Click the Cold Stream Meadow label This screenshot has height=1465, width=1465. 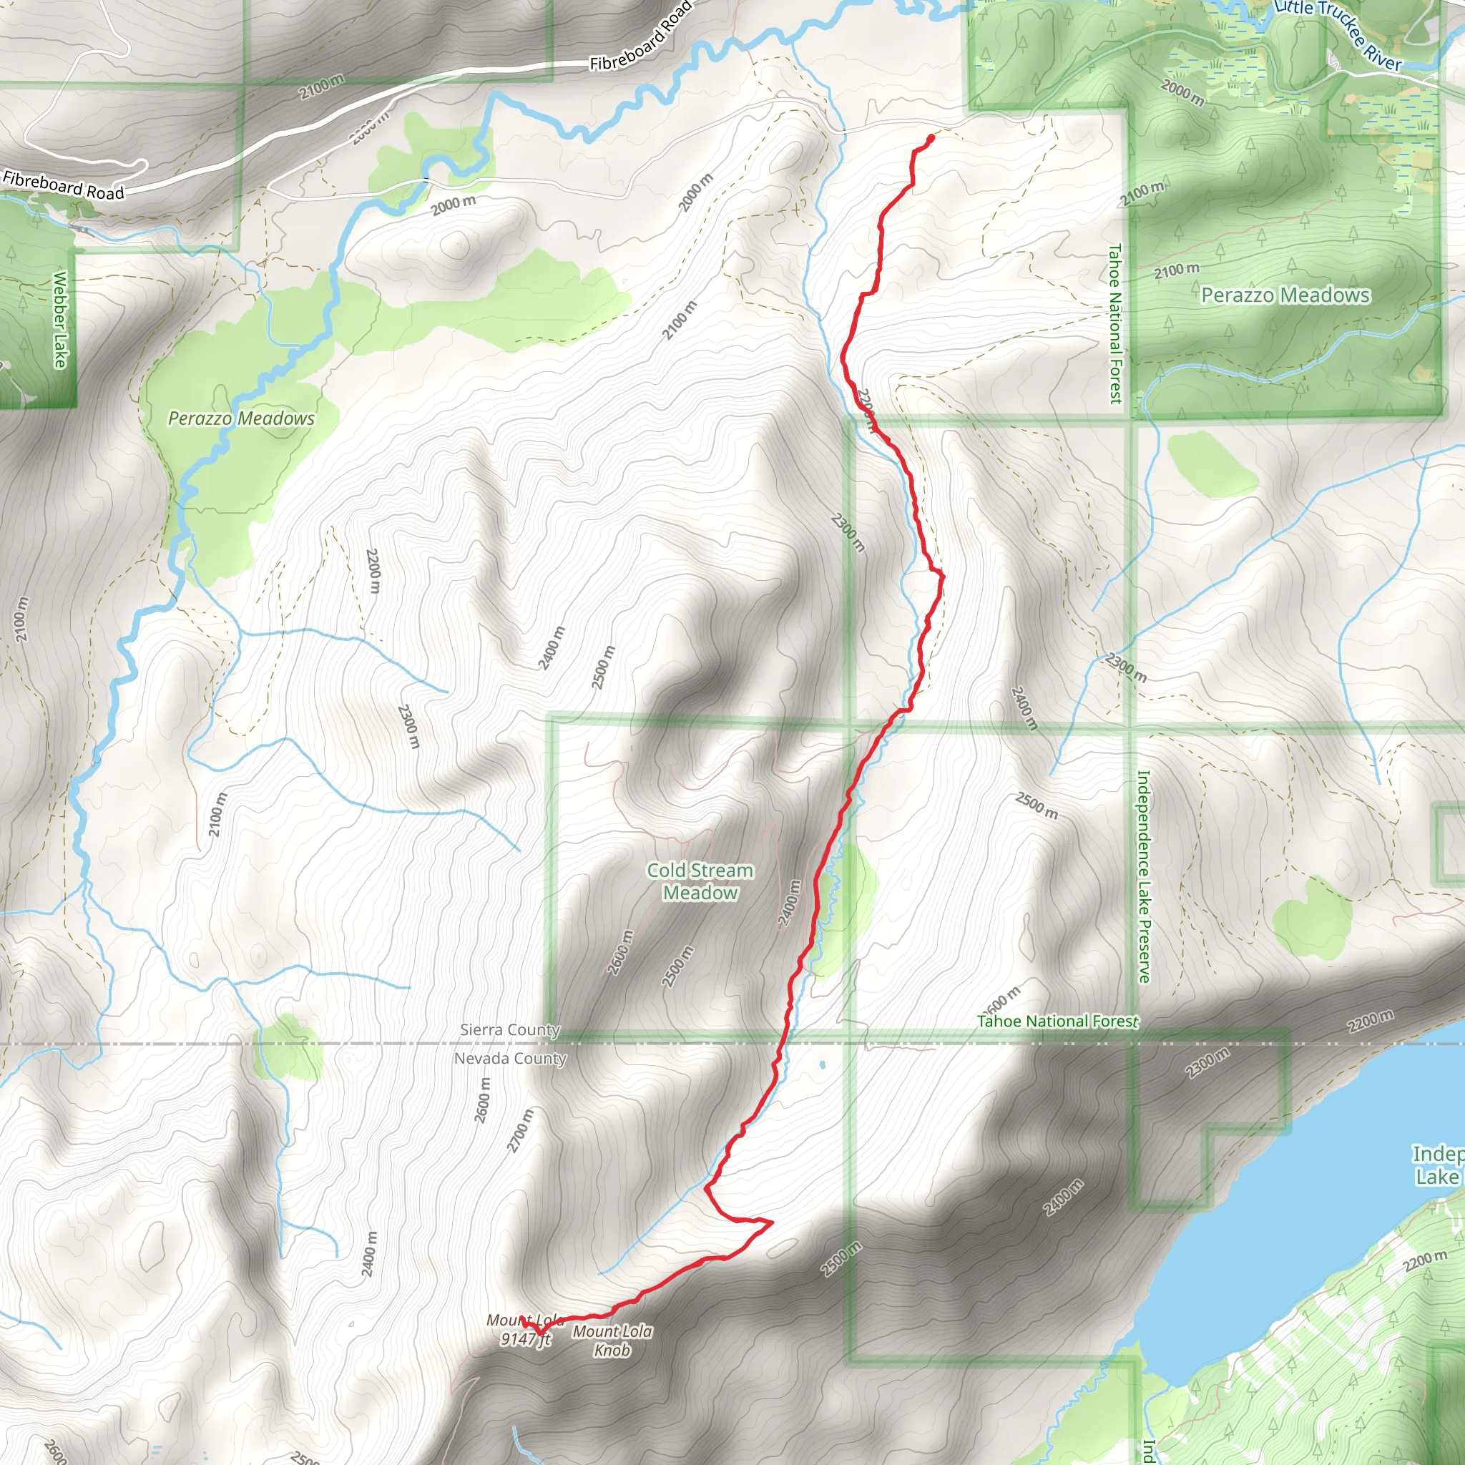[x=700, y=881]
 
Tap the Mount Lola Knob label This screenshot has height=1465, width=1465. [x=612, y=1341]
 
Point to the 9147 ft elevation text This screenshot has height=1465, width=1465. [x=525, y=1339]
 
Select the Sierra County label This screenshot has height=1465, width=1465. [x=509, y=1030]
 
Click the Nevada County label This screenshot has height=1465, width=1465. [x=509, y=1058]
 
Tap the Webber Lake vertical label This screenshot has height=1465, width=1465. [x=60, y=319]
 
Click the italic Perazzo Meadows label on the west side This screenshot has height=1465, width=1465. [x=241, y=418]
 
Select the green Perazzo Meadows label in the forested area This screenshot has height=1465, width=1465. [x=1285, y=295]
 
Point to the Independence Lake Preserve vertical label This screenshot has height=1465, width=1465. [x=1144, y=876]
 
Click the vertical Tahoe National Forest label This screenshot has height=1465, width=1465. [x=1114, y=323]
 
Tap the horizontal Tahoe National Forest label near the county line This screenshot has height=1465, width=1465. [x=1058, y=1021]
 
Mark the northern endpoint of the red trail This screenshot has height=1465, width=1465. [x=931, y=137]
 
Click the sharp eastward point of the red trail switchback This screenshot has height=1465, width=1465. [x=772, y=1222]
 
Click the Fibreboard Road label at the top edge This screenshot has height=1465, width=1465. [x=641, y=36]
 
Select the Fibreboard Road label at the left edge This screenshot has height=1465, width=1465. [x=63, y=186]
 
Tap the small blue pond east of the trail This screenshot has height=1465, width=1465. [x=822, y=1065]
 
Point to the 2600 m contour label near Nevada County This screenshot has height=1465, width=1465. [x=482, y=1100]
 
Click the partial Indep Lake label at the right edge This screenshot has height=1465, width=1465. [x=1437, y=1165]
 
